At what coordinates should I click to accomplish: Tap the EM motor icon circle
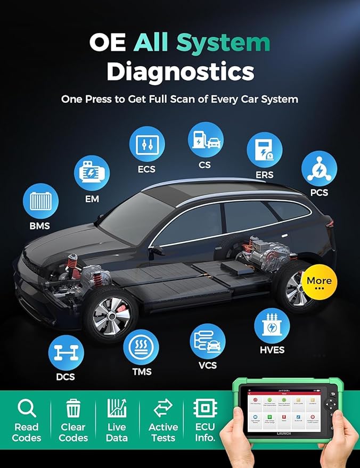(92, 173)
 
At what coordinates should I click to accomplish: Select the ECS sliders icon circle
(147, 144)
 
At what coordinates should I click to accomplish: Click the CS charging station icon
(205, 139)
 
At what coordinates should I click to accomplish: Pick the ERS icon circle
(264, 150)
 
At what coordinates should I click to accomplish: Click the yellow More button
(319, 282)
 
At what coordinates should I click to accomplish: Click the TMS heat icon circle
(141, 347)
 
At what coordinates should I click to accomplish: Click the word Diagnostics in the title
(179, 72)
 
